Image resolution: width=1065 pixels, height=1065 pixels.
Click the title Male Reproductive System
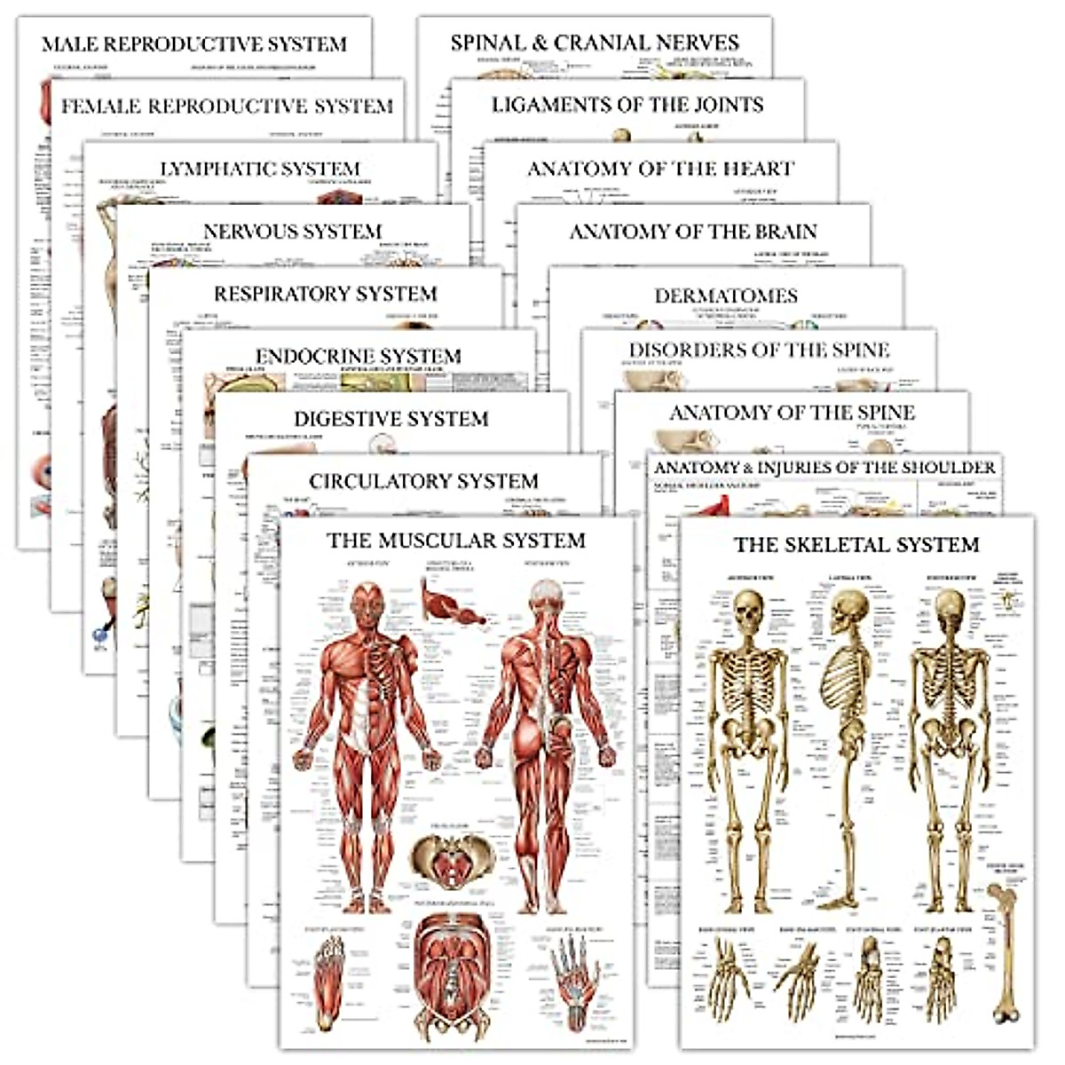coord(194,43)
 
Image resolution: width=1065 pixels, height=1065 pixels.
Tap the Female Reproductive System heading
coord(226,106)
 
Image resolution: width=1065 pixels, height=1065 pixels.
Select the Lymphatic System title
coord(260,169)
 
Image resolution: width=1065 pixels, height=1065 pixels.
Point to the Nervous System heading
coord(292,232)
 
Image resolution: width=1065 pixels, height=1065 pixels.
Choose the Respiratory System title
coord(326,294)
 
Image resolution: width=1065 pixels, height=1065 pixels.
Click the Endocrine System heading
coord(359,357)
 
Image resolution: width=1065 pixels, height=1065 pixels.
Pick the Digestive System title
coord(391,419)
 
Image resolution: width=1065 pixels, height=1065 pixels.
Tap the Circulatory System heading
coord(423,481)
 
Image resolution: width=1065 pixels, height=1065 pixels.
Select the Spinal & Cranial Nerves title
coord(595,43)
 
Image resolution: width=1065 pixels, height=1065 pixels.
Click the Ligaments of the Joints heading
coord(627,105)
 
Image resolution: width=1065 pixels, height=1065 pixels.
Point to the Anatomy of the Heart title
coord(660,169)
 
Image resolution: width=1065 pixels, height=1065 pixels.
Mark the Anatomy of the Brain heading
coord(693,232)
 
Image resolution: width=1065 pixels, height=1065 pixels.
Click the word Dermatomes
coord(726,296)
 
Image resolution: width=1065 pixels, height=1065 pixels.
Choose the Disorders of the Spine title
coord(759,350)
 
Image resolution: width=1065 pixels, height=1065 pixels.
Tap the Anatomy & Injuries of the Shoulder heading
coord(825,467)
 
